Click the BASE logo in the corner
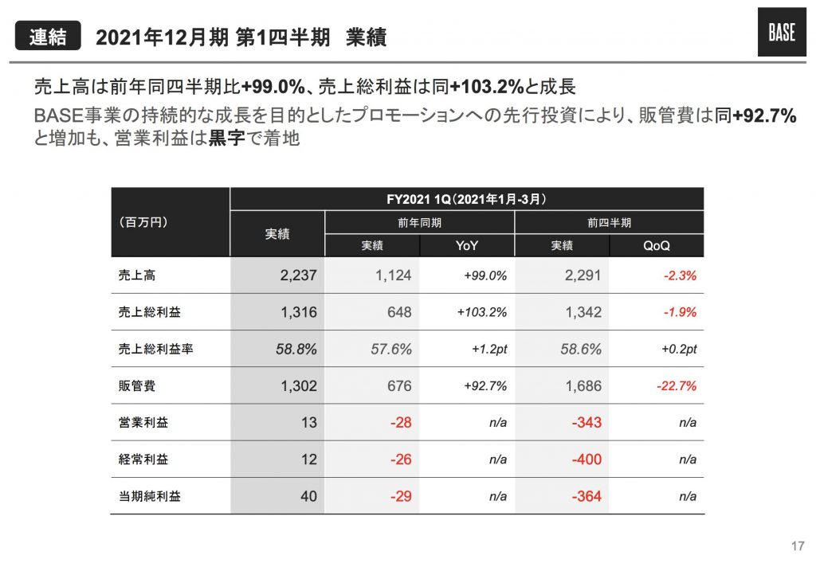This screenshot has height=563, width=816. click(x=781, y=34)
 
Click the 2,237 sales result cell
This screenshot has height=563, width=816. click(x=299, y=276)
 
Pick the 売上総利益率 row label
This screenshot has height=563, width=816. click(x=150, y=350)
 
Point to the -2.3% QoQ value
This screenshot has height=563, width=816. click(x=680, y=276)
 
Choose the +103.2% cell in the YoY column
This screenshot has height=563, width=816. click(x=482, y=312)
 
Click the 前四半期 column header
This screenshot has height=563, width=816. click(x=610, y=223)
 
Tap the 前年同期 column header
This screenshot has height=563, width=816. click(x=420, y=223)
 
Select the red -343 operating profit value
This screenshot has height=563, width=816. click(x=586, y=423)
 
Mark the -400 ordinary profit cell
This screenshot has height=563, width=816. click(x=586, y=459)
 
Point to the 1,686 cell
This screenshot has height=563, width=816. click(x=583, y=386)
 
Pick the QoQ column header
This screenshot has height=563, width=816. click(x=657, y=246)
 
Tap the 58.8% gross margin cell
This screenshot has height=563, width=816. click(x=296, y=350)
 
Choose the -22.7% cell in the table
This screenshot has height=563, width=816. click(x=677, y=386)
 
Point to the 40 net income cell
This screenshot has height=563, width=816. click(x=308, y=496)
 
